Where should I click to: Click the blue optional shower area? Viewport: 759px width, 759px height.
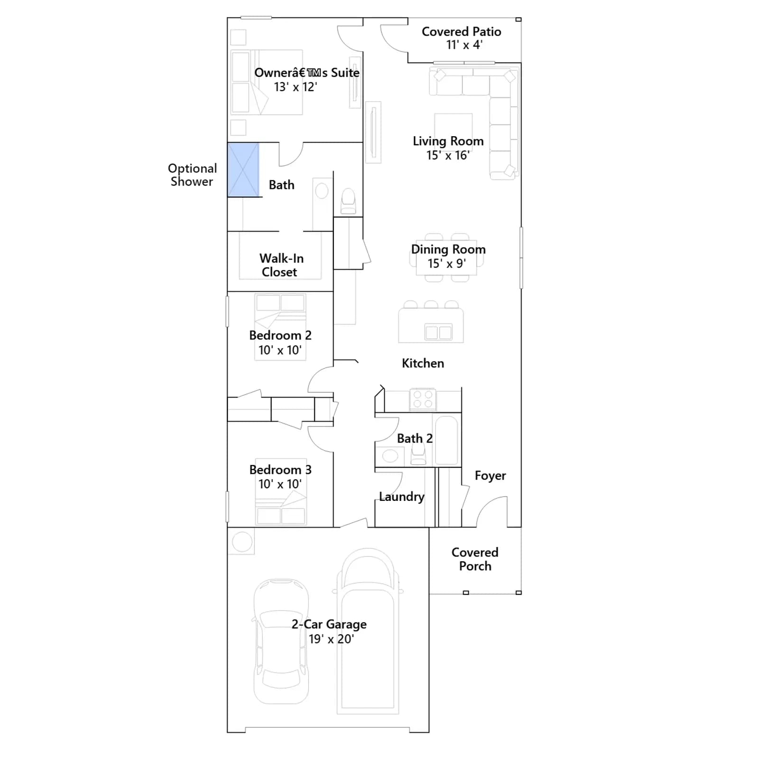(243, 169)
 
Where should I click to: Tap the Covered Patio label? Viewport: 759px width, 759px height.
(461, 32)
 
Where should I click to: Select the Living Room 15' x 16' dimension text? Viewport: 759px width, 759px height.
(448, 155)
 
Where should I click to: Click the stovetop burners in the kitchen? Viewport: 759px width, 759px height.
(423, 399)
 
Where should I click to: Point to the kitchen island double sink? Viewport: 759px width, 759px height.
(438, 332)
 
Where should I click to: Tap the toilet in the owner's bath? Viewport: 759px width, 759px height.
(348, 201)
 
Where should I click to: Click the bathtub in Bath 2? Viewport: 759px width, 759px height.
(446, 440)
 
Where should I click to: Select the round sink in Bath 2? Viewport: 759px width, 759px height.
(390, 456)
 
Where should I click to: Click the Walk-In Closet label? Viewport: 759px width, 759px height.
(281, 265)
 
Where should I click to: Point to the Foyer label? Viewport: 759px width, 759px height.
(490, 476)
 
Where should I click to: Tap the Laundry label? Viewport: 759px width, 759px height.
(401, 497)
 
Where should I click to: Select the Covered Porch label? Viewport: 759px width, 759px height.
(475, 559)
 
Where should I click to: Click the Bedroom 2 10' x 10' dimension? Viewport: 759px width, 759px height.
(280, 350)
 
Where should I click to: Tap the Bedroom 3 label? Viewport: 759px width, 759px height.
(280, 470)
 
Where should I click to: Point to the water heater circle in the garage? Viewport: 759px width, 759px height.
(242, 542)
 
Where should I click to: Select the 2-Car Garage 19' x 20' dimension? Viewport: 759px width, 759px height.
(331, 639)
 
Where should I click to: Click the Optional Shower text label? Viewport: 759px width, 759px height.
(192, 175)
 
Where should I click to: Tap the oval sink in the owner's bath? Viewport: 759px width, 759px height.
(322, 191)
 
